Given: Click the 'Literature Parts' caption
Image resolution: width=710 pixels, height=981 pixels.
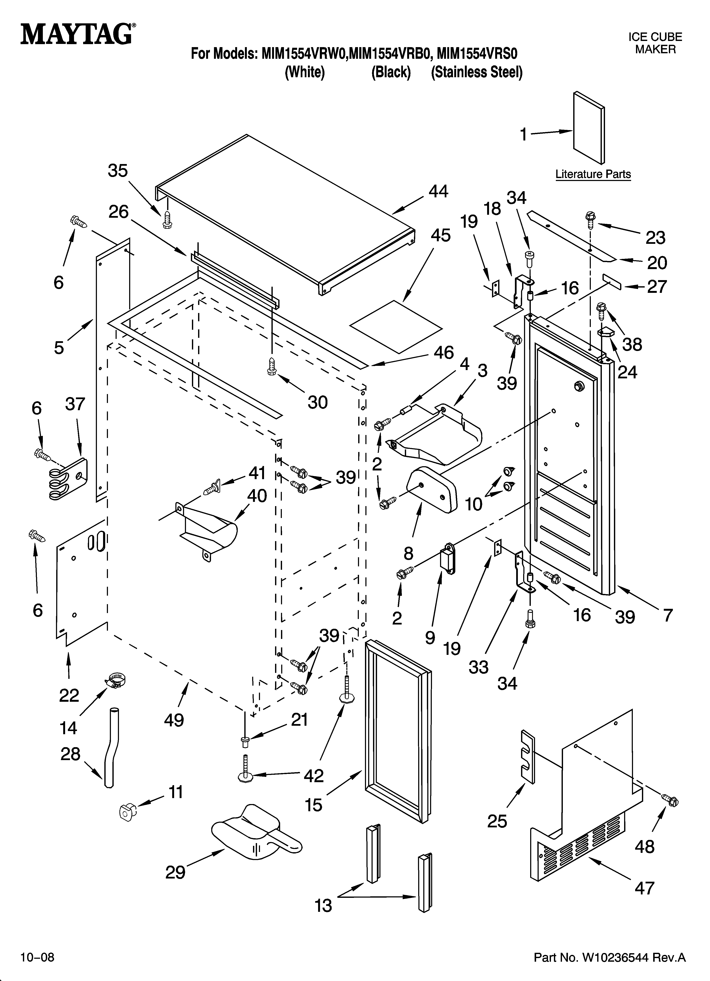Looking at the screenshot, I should point(593,174).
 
